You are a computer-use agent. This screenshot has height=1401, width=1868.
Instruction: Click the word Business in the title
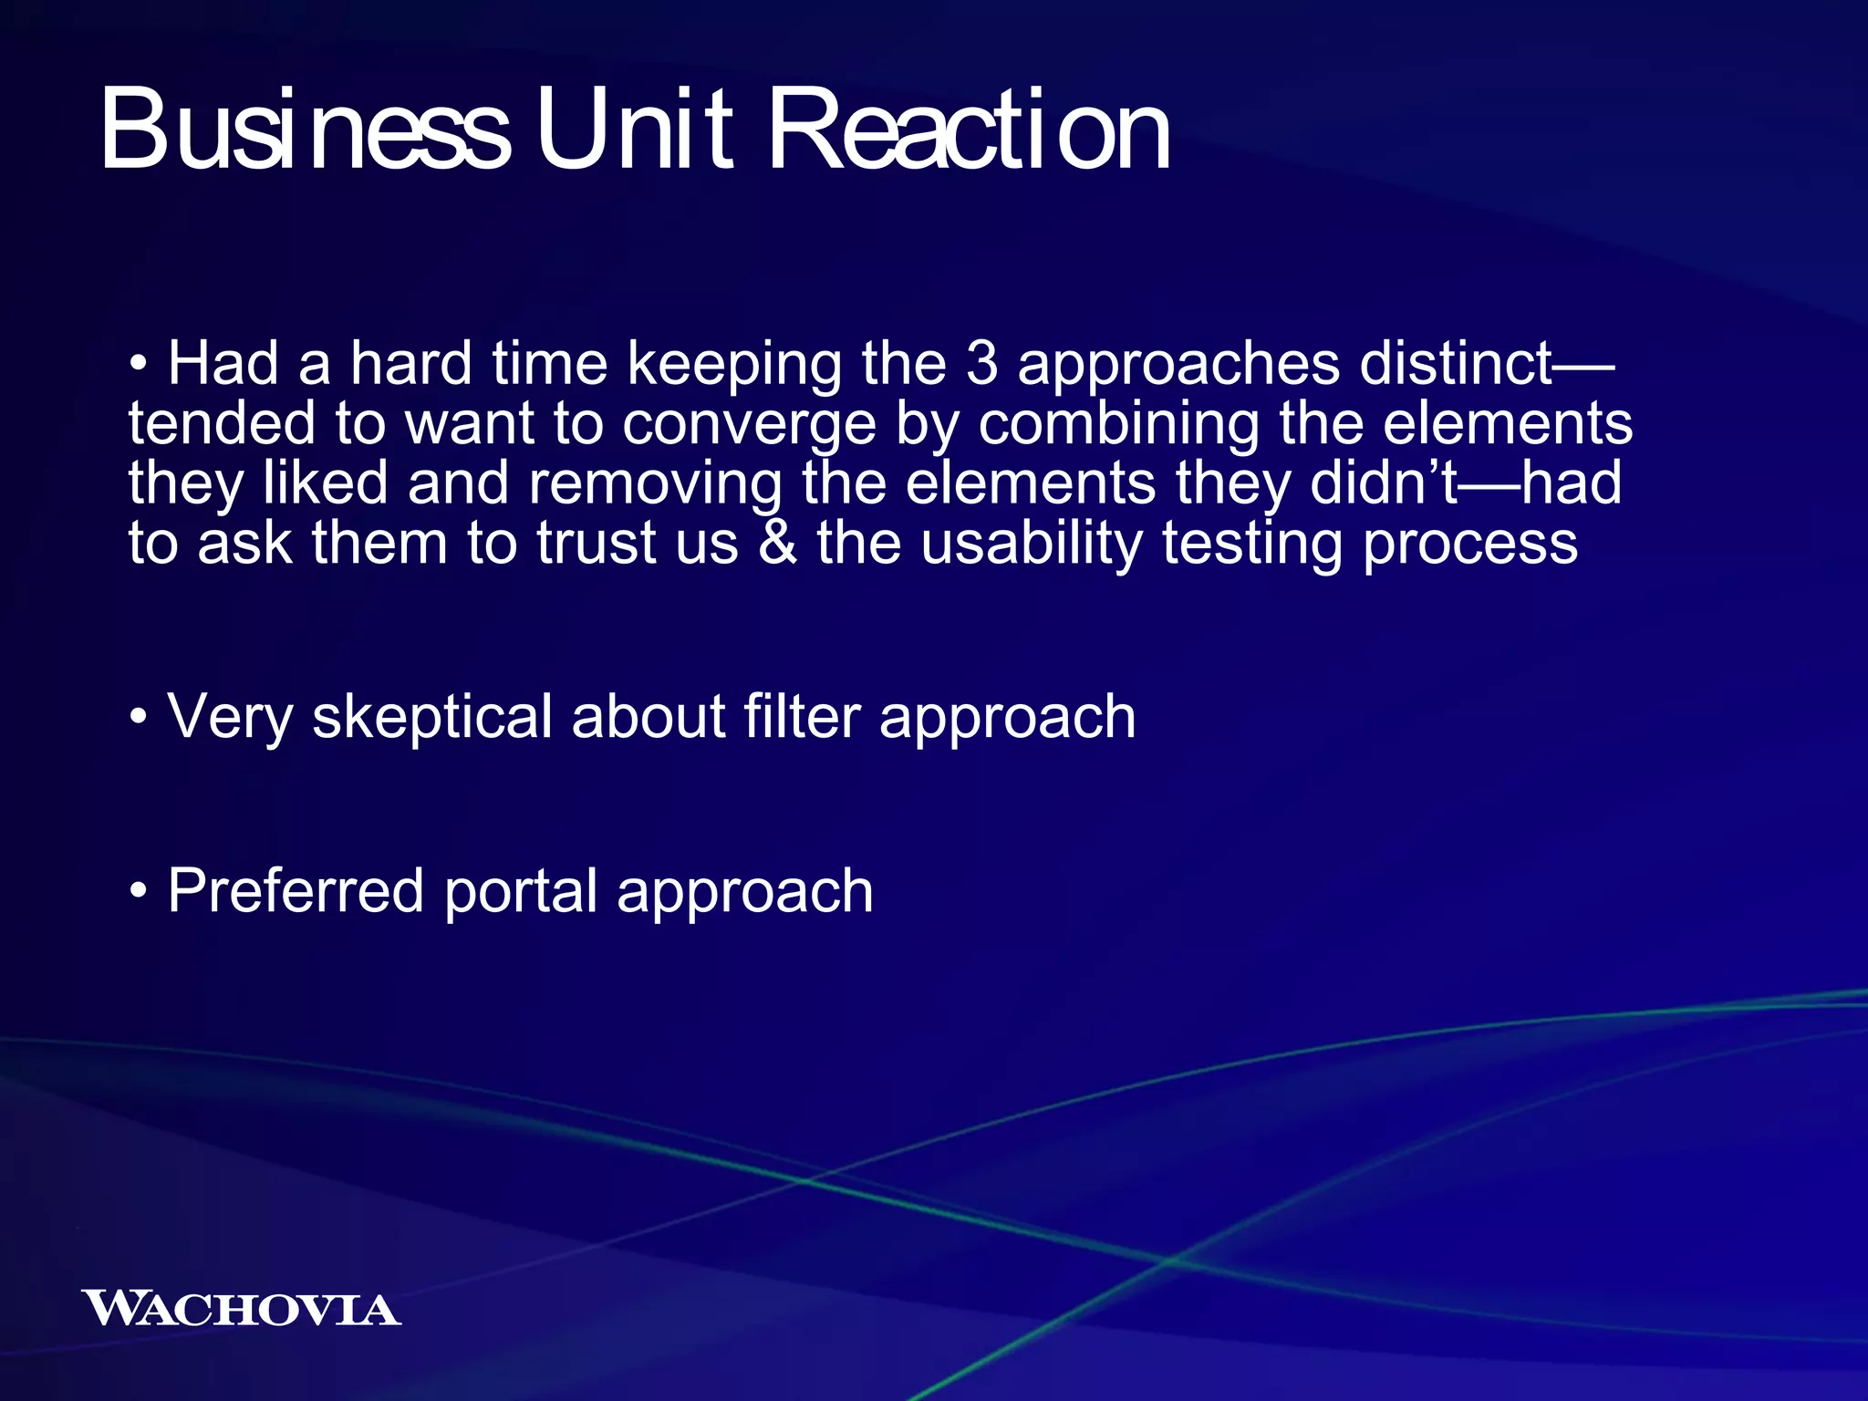(x=305, y=130)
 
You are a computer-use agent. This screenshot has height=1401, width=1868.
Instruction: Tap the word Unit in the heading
(x=635, y=130)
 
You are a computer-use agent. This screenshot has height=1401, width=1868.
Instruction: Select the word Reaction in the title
(x=970, y=130)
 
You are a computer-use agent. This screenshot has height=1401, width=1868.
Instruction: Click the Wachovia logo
(x=241, y=1309)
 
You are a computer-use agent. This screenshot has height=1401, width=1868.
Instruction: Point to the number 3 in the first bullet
(x=981, y=363)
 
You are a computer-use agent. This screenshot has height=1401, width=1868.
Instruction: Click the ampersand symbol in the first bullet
(x=777, y=543)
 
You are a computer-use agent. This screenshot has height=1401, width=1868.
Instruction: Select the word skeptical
(x=432, y=717)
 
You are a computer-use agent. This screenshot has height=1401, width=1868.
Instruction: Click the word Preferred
(x=296, y=891)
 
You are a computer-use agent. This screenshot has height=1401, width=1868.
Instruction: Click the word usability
(x=1031, y=545)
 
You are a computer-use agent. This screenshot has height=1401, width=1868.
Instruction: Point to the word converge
(x=749, y=425)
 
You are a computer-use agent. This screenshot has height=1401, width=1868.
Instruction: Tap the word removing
(x=655, y=483)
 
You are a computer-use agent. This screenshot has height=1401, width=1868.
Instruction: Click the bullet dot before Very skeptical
(x=138, y=718)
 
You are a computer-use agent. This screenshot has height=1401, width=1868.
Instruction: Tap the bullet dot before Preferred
(x=138, y=891)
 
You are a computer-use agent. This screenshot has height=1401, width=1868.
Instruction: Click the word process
(x=1469, y=545)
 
